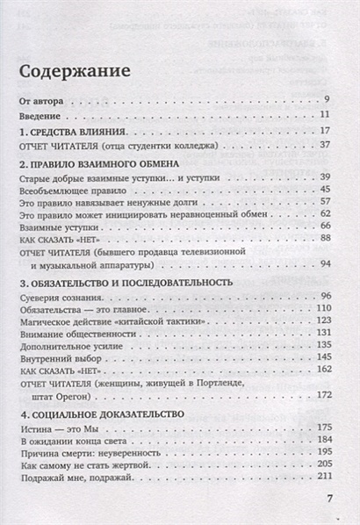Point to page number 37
pyautogui.click(x=323, y=145)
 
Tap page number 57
pyautogui.click(x=323, y=201)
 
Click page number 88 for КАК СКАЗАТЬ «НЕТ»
pyautogui.click(x=323, y=239)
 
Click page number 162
pyautogui.click(x=321, y=372)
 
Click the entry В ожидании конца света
pyautogui.click(x=72, y=439)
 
